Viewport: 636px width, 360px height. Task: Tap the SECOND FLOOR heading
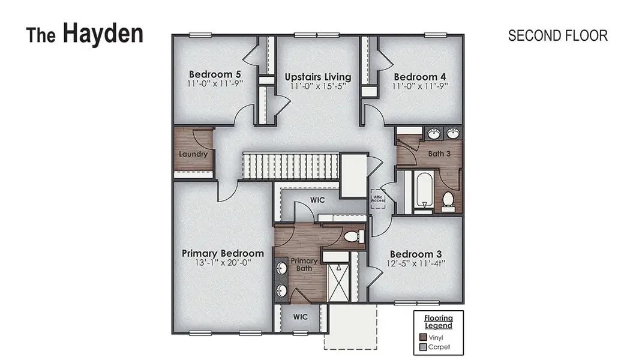pyautogui.click(x=557, y=35)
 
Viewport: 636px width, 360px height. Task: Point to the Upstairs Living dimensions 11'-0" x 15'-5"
pyautogui.click(x=318, y=87)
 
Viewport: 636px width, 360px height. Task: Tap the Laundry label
pyautogui.click(x=193, y=154)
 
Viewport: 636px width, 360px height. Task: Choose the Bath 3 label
pyautogui.click(x=439, y=154)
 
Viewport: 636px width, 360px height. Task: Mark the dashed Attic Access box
pyautogui.click(x=378, y=198)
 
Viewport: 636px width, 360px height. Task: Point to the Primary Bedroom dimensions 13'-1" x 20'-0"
pyautogui.click(x=223, y=264)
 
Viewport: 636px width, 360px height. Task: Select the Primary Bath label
pyautogui.click(x=304, y=265)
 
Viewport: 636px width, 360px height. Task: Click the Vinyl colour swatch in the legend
pyautogui.click(x=424, y=337)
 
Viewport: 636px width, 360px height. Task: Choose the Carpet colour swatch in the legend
pyautogui.click(x=424, y=347)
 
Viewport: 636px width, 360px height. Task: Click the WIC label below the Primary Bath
pyautogui.click(x=301, y=316)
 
